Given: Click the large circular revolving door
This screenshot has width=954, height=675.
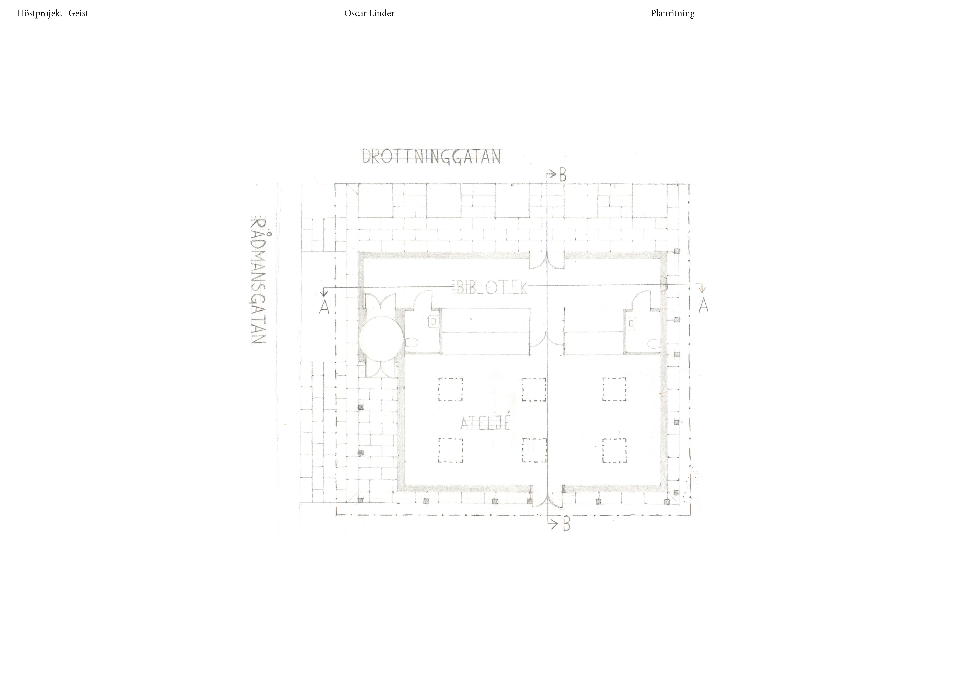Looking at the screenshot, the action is [381, 338].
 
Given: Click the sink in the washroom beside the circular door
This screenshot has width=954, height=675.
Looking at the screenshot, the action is [433, 322].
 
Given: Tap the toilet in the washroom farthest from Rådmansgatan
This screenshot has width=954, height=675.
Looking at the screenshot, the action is [653, 343].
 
